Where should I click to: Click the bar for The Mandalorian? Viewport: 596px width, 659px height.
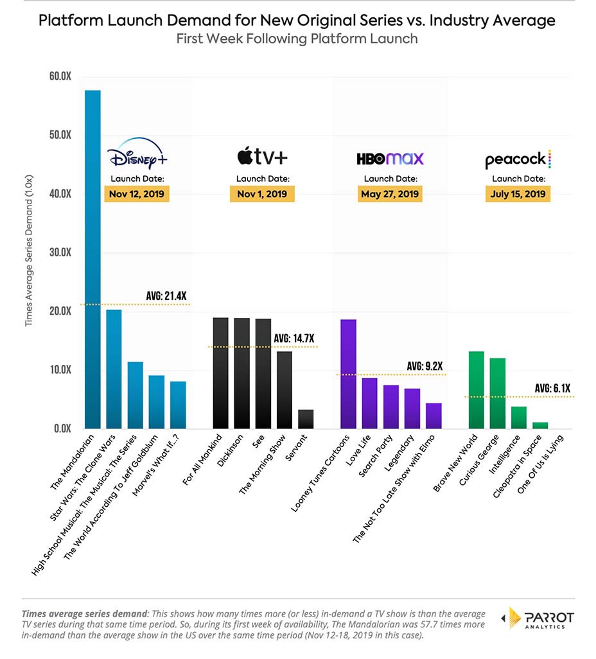(x=92, y=259)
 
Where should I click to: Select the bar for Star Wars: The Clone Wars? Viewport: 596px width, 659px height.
(x=114, y=369)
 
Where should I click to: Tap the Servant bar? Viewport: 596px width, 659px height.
(x=306, y=419)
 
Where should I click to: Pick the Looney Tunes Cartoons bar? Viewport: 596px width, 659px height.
(x=348, y=374)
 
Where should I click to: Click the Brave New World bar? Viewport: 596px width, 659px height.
(x=477, y=390)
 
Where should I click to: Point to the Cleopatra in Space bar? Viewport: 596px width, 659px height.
(x=541, y=425)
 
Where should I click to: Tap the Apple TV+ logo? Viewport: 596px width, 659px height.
(x=263, y=157)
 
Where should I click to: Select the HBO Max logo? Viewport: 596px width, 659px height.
(x=390, y=158)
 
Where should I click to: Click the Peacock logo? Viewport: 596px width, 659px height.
(x=518, y=159)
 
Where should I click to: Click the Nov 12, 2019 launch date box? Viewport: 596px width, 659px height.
(x=137, y=194)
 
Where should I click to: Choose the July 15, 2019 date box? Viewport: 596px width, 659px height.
(x=518, y=194)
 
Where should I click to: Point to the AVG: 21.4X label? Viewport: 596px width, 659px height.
(x=166, y=296)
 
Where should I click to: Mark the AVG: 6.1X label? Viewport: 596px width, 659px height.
(x=551, y=388)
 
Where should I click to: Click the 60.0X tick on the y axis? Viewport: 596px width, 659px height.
(x=59, y=76)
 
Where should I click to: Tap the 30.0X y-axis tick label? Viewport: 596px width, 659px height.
(x=59, y=252)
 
